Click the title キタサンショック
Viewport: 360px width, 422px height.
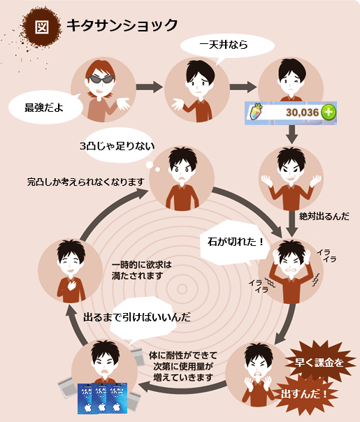(x=122, y=26)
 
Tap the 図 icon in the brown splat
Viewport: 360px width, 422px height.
(x=42, y=27)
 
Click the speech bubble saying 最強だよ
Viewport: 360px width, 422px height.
(x=45, y=108)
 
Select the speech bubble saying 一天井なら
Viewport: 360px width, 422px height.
(x=227, y=45)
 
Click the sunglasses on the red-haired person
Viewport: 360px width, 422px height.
(x=101, y=79)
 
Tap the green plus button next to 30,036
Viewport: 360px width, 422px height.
(x=329, y=112)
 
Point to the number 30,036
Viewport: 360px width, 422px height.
(x=303, y=112)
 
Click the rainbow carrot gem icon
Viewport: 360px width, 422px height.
(x=257, y=112)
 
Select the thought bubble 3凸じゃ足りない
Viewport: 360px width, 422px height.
(x=118, y=146)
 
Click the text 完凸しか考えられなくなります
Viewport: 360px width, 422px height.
(x=86, y=182)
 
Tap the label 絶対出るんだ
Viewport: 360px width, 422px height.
(x=324, y=217)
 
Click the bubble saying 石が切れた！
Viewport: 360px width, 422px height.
(x=234, y=242)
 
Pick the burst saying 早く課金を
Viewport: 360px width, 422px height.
(x=319, y=363)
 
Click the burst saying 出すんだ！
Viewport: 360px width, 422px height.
(x=303, y=395)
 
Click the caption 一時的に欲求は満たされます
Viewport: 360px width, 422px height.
(x=142, y=270)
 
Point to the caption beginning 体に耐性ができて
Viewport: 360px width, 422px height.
(x=183, y=367)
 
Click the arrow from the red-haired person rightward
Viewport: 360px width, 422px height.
(x=150, y=87)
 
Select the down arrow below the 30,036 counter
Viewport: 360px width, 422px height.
(x=291, y=134)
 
